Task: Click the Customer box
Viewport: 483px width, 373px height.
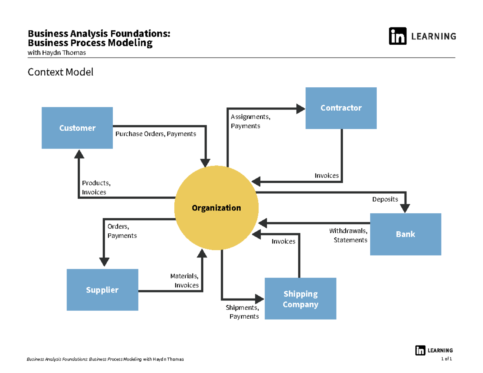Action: coord(77,128)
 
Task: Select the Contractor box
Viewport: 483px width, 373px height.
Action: coord(341,108)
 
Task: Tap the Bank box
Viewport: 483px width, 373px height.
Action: coord(405,234)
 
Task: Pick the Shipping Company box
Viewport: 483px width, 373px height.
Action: coord(300,299)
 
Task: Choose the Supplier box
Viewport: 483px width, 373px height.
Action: coord(102,290)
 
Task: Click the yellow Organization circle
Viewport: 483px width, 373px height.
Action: coord(216,208)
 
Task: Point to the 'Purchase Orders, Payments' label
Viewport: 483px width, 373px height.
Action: coord(156,134)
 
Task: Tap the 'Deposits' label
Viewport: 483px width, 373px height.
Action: coord(385,199)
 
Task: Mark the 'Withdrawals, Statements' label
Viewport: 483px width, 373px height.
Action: coord(348,235)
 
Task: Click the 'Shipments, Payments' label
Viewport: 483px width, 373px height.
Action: coord(242,312)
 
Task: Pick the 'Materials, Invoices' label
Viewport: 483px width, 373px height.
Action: coord(184,280)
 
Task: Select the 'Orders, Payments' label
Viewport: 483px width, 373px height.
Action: coord(122,231)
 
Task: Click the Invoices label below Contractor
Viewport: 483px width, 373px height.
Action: coord(326,176)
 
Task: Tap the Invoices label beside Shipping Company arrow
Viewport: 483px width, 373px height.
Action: coord(283,241)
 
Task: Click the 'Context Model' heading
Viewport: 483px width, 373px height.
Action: coord(60,72)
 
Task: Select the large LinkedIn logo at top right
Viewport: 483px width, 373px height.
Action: coord(397,36)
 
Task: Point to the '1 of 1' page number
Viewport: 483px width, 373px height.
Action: coord(447,359)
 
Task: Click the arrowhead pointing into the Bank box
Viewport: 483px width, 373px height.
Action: coord(405,208)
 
